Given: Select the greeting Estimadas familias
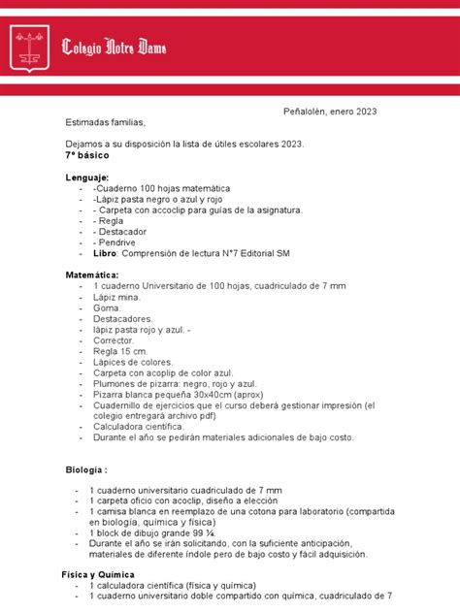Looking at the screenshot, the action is click(x=104, y=123).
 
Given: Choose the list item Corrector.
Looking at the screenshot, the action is click(x=114, y=340).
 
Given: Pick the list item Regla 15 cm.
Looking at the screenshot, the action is click(x=120, y=351).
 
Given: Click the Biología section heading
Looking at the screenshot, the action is click(x=90, y=472).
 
